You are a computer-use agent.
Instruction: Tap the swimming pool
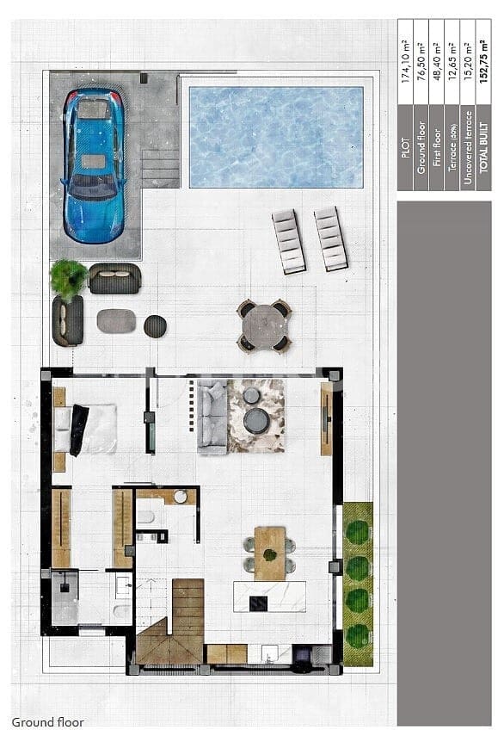[x=275, y=136]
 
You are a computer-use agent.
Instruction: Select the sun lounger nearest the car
[x=289, y=241]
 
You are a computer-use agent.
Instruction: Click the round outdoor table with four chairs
[x=264, y=325]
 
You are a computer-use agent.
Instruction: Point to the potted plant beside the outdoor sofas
[x=69, y=277]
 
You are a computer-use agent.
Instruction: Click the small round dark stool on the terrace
[x=155, y=325]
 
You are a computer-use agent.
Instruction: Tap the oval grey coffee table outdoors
[x=116, y=321]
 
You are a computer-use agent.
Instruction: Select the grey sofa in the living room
[x=212, y=417]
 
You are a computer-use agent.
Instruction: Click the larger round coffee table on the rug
[x=255, y=421]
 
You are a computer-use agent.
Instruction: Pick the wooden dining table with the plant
[x=269, y=552]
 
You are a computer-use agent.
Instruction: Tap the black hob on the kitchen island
[x=258, y=603]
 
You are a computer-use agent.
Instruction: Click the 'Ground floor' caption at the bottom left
[x=48, y=722]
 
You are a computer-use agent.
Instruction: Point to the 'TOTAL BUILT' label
[x=483, y=162]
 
